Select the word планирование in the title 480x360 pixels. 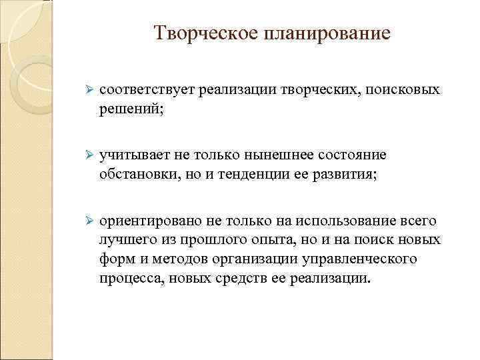326,33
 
